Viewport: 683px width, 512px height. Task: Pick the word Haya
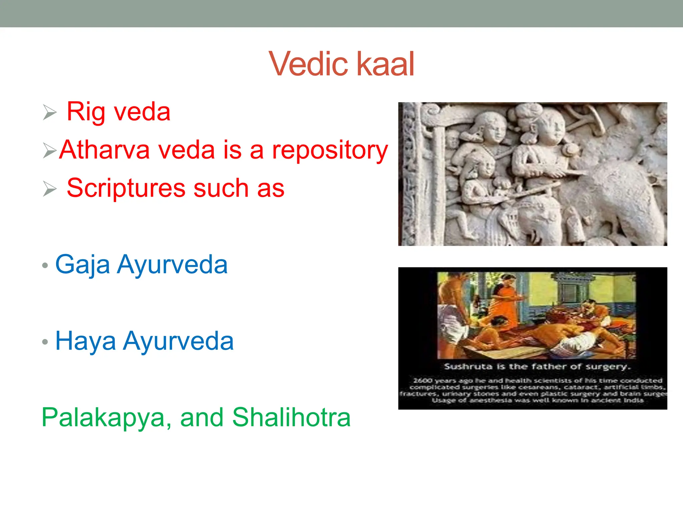(85, 341)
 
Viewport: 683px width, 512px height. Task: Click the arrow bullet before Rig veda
(50, 112)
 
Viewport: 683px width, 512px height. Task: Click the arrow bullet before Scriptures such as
(50, 189)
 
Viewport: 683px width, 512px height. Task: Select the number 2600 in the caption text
(422, 380)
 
